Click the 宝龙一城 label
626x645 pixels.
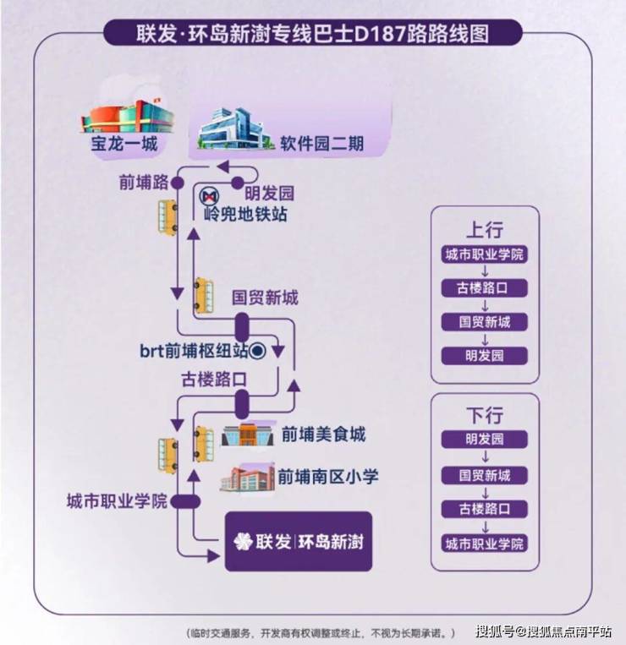click(125, 144)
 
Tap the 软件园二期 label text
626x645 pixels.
click(322, 144)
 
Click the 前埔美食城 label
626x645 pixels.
click(323, 435)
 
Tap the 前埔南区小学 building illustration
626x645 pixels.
click(248, 478)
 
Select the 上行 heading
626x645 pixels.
click(484, 230)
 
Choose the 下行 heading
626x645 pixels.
click(484, 415)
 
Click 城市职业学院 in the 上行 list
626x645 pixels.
click(484, 255)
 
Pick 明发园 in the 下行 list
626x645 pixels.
click(484, 440)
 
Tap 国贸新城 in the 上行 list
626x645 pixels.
click(484, 322)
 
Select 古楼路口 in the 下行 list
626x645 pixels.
click(484, 509)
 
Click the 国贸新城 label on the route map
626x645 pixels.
click(265, 298)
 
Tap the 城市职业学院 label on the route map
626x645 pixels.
click(117, 501)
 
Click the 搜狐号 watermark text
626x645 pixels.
click(496, 631)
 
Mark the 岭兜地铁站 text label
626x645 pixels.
click(245, 215)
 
